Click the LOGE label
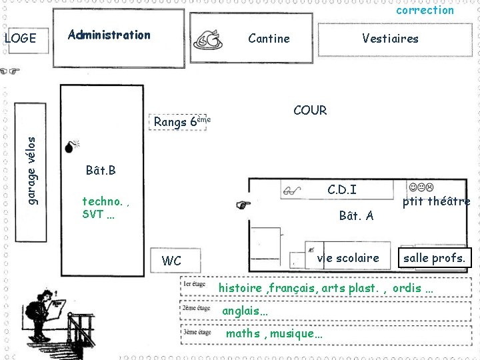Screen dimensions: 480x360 [21, 38]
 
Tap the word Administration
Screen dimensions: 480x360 [109, 35]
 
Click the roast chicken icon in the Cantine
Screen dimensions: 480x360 [208, 40]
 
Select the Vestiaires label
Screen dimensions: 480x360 [390, 39]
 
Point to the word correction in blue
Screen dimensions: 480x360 [425, 10]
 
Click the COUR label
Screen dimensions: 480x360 [310, 110]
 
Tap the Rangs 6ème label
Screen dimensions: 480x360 [182, 121]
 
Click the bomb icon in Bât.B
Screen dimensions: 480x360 [72, 147]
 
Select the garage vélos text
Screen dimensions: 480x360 [31, 171]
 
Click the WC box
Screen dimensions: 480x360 [175, 261]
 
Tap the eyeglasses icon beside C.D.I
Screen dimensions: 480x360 [292, 191]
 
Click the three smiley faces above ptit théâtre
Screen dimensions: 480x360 [421, 187]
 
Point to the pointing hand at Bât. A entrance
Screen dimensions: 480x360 [243, 205]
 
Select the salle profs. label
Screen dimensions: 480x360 [434, 258]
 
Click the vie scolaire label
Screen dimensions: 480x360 [348, 258]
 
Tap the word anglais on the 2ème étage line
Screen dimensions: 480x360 [241, 311]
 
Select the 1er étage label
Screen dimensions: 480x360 [195, 284]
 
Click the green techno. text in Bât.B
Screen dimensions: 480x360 [102, 201]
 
